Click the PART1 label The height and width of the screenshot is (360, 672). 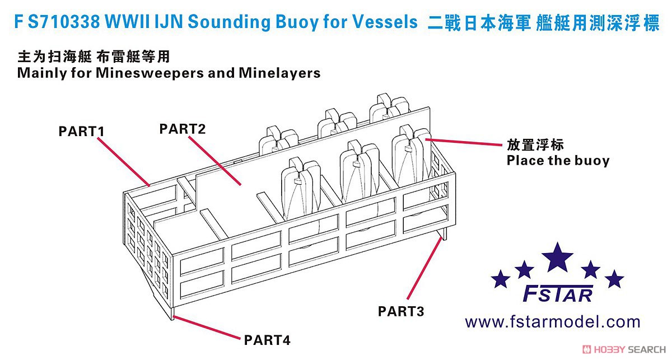pos(81,132)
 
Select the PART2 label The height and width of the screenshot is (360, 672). pos(183,129)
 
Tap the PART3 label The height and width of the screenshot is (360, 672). pos(401,311)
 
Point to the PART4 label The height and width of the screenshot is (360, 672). pos(267,340)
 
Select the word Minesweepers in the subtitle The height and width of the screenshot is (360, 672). pos(150,73)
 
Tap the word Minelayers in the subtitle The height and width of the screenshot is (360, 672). pos(279,73)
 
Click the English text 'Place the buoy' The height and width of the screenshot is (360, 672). pos(558,161)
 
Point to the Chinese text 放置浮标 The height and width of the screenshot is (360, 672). pos(535,145)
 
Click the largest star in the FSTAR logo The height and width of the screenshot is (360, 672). pos(557,257)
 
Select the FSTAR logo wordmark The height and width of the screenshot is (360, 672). pos(558,294)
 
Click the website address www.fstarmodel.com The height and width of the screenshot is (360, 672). pos(553,322)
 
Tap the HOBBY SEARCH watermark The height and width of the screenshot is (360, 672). pos(624,349)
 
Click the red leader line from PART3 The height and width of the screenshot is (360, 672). pos(424,268)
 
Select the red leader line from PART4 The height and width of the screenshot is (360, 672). pos(207,328)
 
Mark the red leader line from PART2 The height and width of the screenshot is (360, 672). pos(214,161)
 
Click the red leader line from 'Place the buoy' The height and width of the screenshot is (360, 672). pos(464,142)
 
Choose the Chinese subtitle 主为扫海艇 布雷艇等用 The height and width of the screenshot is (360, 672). pos(94,57)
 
